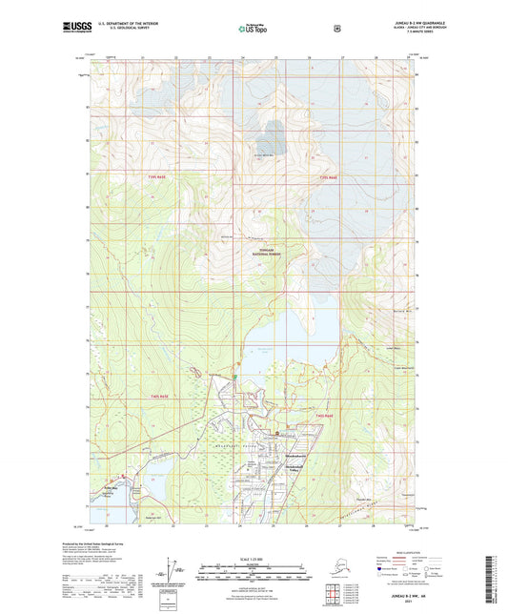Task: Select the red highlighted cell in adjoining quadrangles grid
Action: (331, 598)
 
